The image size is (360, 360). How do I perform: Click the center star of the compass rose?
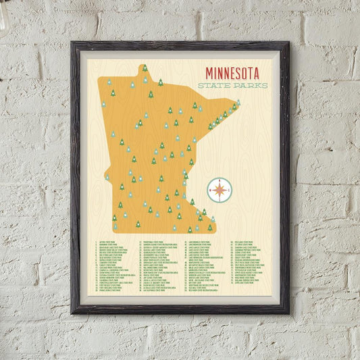coord(220,189)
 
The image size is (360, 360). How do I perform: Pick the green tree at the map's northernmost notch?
coord(145,68)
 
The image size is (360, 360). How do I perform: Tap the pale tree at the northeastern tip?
coord(238,102)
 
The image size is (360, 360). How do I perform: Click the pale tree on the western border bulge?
coord(107,177)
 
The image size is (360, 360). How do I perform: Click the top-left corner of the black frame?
coord(72,43)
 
